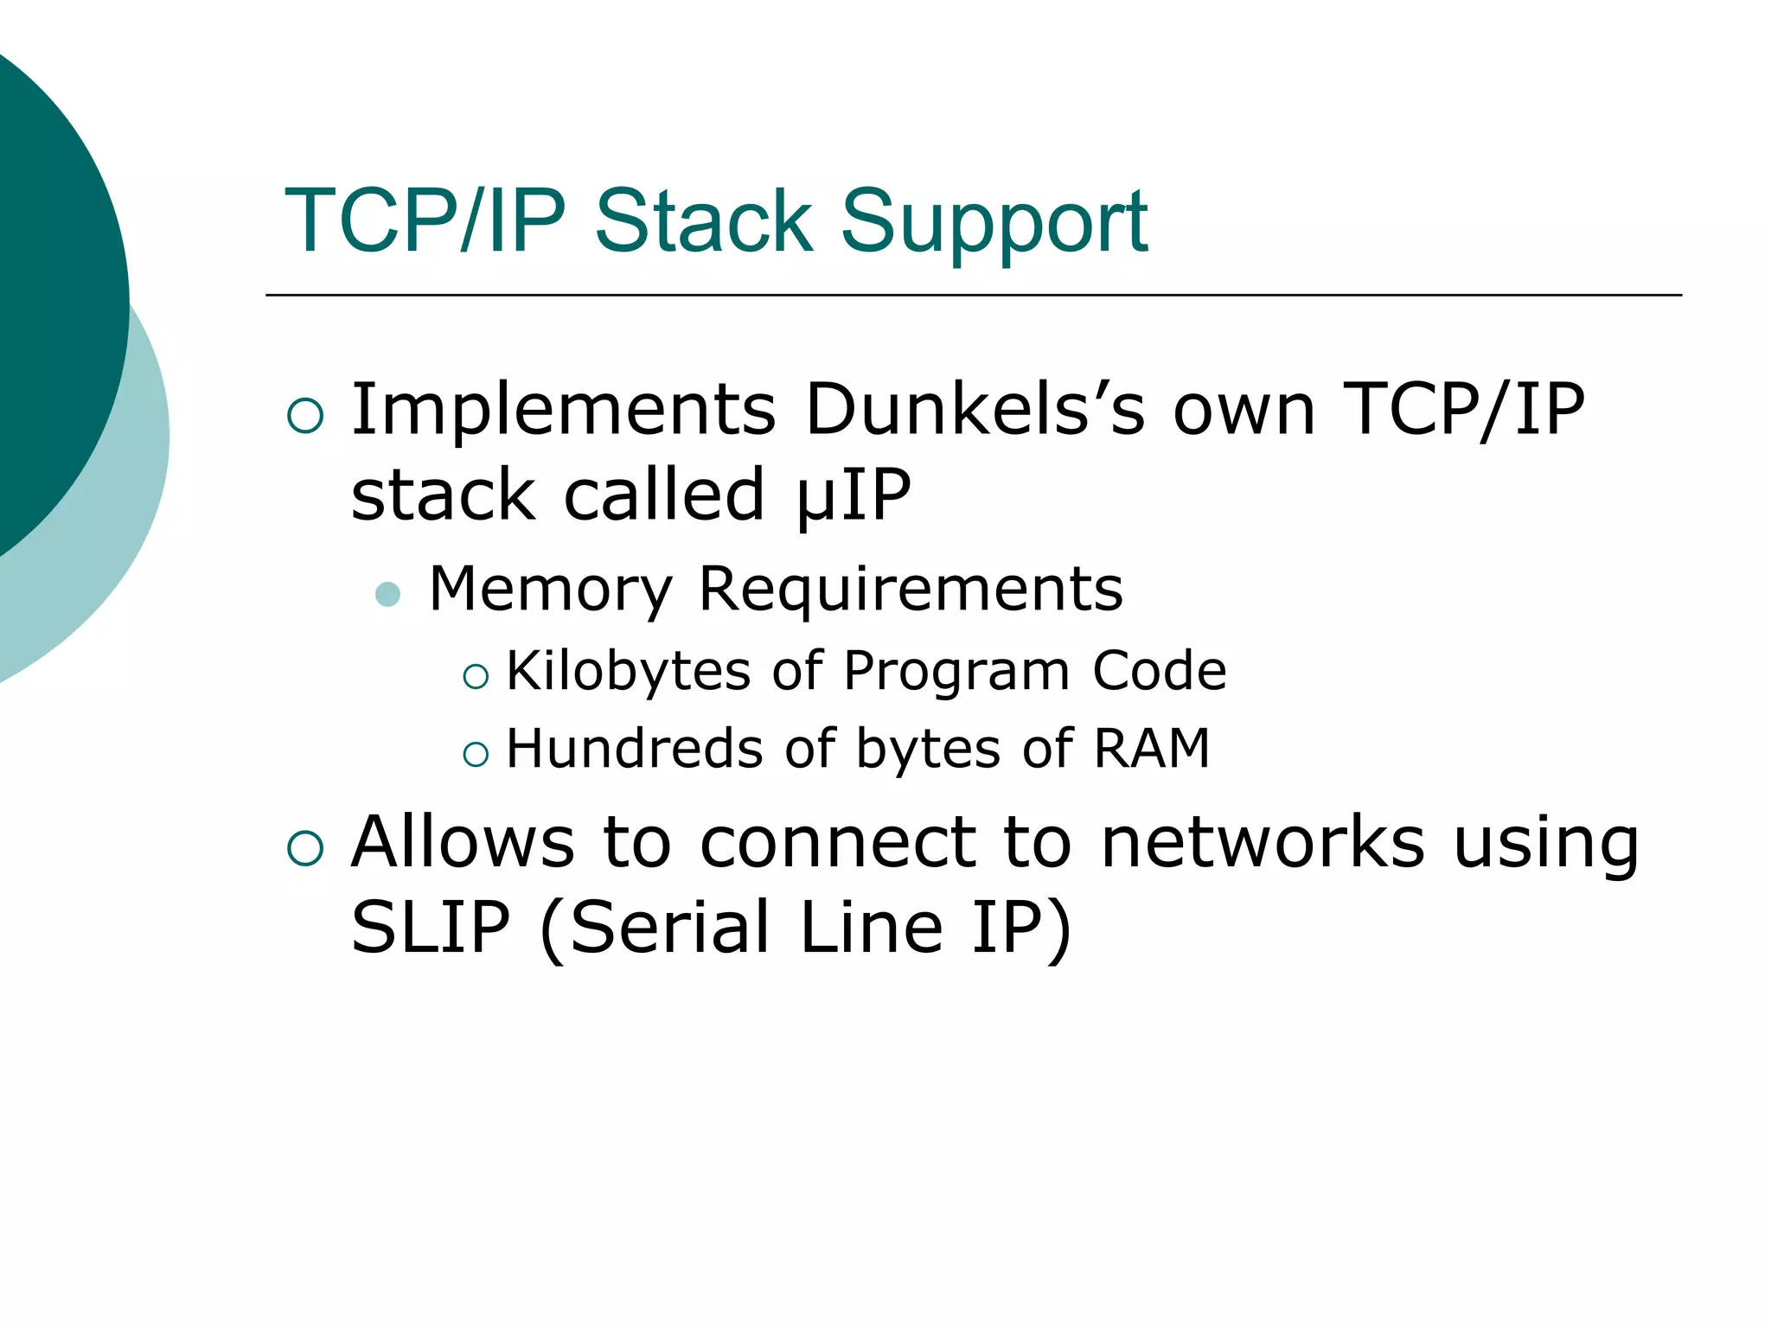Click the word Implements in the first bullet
pyautogui.click(x=563, y=410)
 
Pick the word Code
pyautogui.click(x=1159, y=671)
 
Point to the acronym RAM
pyautogui.click(x=1151, y=748)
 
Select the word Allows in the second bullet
pyautogui.click(x=463, y=842)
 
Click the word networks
pyautogui.click(x=1263, y=842)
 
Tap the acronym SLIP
pyautogui.click(x=431, y=928)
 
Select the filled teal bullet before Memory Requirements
pyautogui.click(x=388, y=595)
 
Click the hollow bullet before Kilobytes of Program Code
pyautogui.click(x=476, y=676)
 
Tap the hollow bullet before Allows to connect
pyautogui.click(x=305, y=848)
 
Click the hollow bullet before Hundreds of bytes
pyautogui.click(x=476, y=754)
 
